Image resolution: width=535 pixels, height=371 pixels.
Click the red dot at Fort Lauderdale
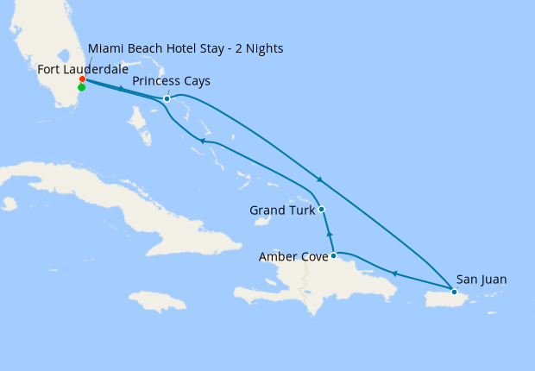(x=82, y=79)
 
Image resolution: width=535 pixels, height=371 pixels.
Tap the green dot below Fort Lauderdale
(x=81, y=87)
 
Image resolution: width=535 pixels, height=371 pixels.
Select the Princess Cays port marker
(x=167, y=98)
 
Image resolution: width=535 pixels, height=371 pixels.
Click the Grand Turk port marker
(x=321, y=209)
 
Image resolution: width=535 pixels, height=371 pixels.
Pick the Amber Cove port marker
(x=333, y=255)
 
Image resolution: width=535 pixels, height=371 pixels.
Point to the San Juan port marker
(x=454, y=292)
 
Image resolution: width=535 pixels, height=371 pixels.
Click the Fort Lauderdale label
(x=84, y=67)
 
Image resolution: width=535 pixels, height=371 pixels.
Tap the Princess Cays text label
(x=171, y=81)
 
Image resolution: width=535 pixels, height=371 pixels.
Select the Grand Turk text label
(x=281, y=210)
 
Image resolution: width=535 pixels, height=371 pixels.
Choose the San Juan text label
(x=481, y=279)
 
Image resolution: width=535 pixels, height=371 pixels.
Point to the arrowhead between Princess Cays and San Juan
(x=320, y=179)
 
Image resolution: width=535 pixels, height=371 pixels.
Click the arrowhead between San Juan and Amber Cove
(x=394, y=274)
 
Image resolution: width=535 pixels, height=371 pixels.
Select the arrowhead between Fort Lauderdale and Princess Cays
(x=121, y=89)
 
